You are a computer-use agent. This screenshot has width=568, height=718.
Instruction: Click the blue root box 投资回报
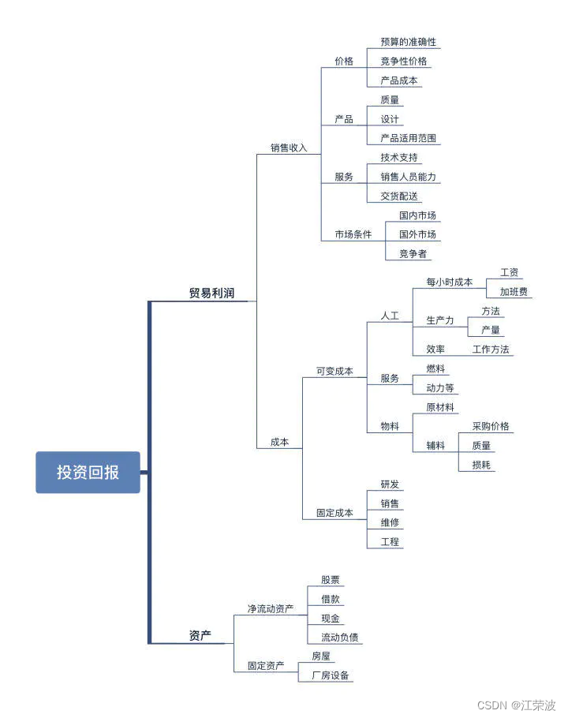(88, 472)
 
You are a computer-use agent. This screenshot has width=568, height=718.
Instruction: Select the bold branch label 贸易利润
(211, 294)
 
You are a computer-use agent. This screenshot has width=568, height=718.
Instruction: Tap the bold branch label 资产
(200, 636)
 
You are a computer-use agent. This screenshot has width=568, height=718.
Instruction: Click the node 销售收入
(289, 148)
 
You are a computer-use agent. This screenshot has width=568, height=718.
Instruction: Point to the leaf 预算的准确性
(408, 42)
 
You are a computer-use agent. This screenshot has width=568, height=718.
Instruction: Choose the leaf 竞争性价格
(404, 61)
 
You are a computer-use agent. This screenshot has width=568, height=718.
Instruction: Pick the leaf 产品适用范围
(408, 138)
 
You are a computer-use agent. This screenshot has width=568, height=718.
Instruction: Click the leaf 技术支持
(399, 158)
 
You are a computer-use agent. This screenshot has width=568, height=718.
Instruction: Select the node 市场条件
(353, 234)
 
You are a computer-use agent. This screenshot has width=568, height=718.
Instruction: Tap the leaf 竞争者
(413, 253)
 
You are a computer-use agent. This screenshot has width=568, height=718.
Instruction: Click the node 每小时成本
(449, 282)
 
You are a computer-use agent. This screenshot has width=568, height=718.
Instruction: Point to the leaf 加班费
(514, 292)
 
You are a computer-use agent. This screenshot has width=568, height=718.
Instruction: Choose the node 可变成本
(334, 371)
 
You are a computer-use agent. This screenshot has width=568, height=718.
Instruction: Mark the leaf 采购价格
(491, 426)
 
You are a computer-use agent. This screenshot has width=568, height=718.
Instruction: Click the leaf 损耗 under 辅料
(481, 465)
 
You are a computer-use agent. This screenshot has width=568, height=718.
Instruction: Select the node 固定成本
(334, 513)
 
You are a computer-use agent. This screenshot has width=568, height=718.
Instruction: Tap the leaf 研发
(390, 484)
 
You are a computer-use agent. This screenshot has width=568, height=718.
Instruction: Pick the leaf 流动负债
(341, 637)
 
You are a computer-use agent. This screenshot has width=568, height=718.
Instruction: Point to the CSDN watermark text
(516, 705)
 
